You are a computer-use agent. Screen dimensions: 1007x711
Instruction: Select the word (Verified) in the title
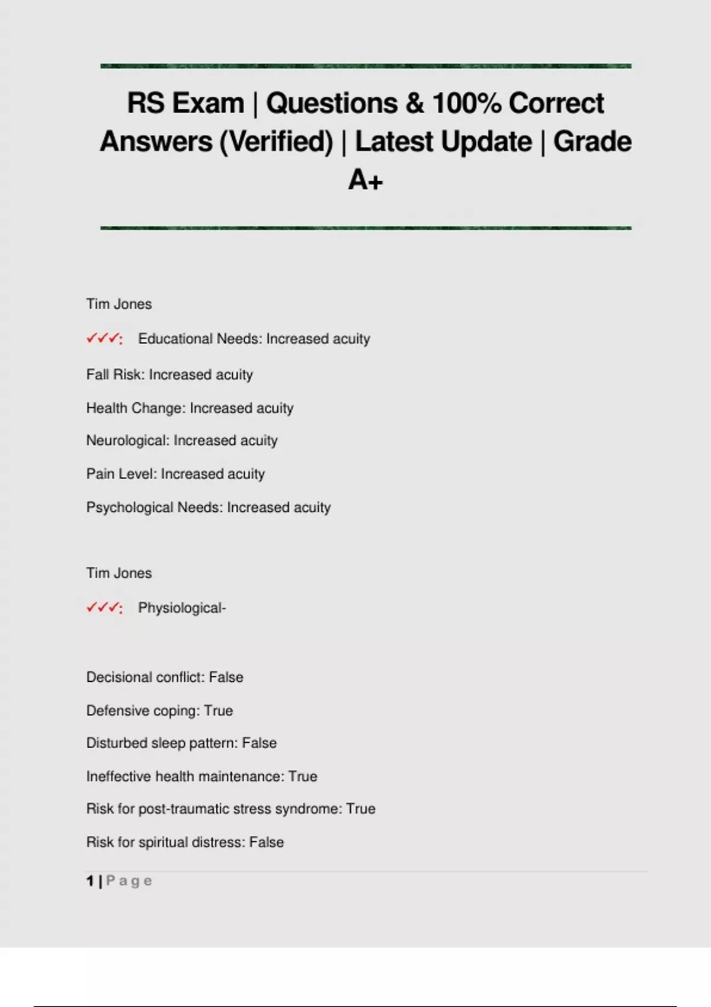coord(276,142)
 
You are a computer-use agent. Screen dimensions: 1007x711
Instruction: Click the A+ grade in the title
coord(365,180)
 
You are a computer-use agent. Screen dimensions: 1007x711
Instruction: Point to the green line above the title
coord(366,66)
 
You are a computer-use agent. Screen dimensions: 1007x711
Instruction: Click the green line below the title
coord(366,227)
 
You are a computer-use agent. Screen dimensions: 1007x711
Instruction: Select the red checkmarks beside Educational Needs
coord(104,339)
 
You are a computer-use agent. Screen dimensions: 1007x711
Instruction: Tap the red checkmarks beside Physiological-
coord(104,608)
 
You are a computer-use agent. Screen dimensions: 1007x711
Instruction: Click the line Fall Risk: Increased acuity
coord(169,374)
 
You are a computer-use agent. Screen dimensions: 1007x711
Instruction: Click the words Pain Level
coord(121,474)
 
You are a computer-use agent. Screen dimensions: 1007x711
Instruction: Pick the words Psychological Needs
coord(154,508)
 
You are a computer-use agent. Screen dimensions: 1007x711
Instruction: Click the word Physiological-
coord(182,608)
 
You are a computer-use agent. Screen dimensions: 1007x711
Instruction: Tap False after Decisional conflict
coord(226,677)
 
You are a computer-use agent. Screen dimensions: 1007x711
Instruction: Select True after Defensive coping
coord(218,710)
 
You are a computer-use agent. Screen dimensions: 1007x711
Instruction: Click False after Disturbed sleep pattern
coord(259,743)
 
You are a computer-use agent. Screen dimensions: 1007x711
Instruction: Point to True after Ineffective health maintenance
coord(302,776)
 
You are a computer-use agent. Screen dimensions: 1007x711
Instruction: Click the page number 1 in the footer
coord(90,881)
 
